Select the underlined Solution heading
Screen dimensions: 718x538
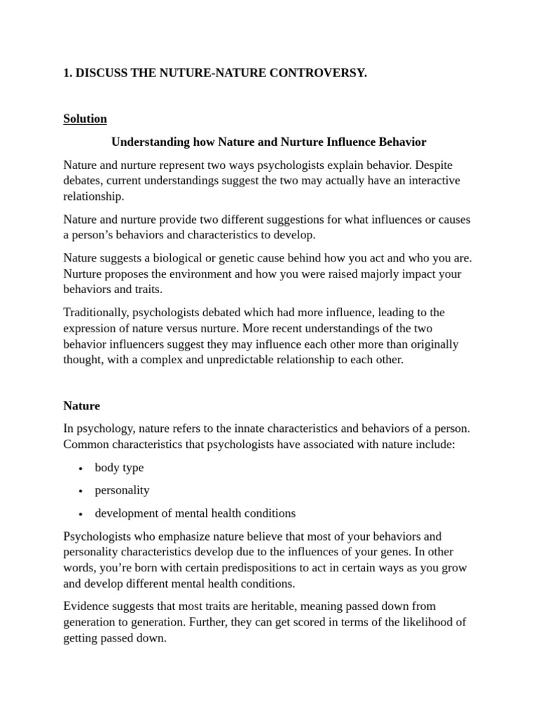coord(85,118)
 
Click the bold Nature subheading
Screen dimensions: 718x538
coord(81,405)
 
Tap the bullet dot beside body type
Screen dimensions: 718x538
coord(81,468)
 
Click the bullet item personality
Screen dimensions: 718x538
coord(122,490)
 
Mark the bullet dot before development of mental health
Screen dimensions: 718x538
coord(81,513)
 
